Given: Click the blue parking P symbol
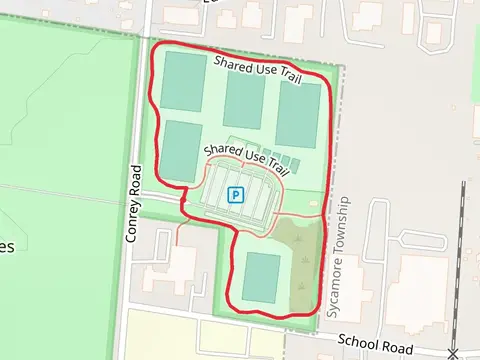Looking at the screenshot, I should click(235, 195).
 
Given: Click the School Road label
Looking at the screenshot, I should click(376, 344).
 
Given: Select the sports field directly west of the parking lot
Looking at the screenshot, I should click(180, 151).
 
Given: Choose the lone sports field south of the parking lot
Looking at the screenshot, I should click(261, 277).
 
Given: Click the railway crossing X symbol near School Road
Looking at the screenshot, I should click(453, 352).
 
